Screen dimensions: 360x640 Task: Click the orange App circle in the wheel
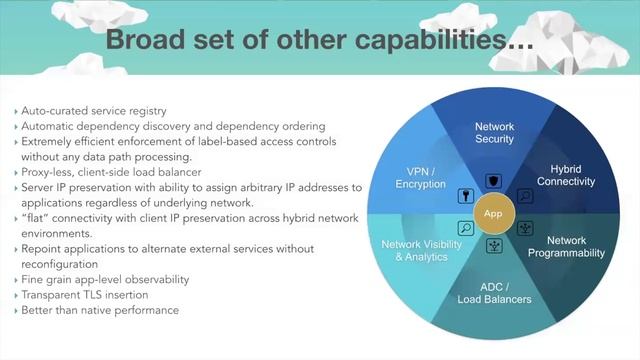click(492, 213)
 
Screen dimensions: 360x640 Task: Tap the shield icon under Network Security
click(492, 181)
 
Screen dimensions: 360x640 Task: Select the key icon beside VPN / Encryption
click(465, 195)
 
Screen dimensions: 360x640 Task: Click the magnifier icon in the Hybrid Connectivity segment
click(525, 197)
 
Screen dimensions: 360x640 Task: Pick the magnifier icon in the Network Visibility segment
click(465, 229)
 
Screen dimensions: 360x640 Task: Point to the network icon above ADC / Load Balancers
click(492, 245)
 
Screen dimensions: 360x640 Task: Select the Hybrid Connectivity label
click(565, 175)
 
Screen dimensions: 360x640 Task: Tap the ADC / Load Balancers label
click(495, 292)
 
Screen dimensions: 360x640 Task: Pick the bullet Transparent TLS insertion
click(81, 295)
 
